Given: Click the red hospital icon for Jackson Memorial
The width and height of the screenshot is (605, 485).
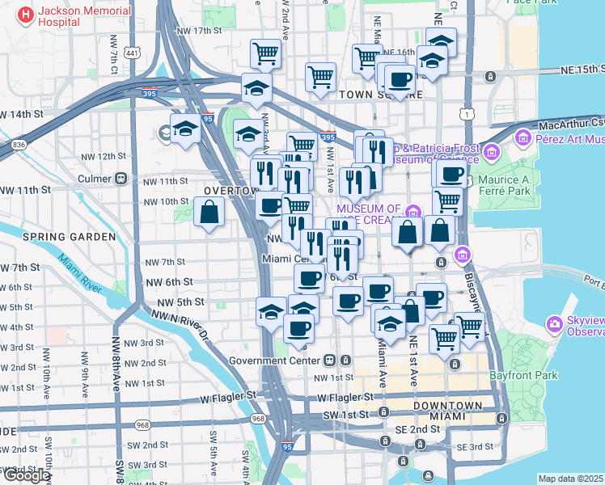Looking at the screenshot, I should (x=25, y=15).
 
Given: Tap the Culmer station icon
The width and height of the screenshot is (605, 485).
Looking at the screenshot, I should (x=121, y=178).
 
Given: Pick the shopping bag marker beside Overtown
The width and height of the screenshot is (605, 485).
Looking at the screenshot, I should (x=209, y=213).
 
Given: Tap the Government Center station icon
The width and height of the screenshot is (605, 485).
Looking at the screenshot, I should (x=330, y=360).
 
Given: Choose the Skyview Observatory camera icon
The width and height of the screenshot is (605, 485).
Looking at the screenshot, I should (x=555, y=325).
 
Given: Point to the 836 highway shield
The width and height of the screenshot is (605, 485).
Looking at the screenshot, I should (x=19, y=144).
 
